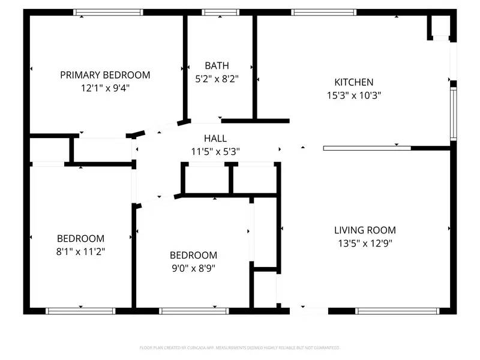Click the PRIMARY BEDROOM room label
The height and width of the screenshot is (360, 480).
[105, 75]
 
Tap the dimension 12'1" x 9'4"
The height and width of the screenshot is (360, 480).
[105, 88]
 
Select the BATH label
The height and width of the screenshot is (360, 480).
[217, 65]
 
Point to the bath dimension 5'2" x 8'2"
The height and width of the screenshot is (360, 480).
[217, 78]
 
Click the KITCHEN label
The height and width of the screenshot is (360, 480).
[354, 82]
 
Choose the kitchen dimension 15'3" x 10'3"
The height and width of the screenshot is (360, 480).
[354, 95]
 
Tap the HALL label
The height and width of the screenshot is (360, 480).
[215, 139]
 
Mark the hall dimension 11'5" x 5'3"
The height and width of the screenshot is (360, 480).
[215, 152]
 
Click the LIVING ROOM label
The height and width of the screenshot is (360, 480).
[365, 230]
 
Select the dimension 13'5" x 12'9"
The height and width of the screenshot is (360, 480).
[365, 243]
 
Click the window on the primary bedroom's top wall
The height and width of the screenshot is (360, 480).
[108, 12]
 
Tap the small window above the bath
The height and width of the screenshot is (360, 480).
[220, 12]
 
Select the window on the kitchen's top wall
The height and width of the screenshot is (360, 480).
[324, 12]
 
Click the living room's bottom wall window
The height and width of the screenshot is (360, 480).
[397, 311]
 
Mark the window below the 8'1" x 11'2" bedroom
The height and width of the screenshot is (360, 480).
[80, 311]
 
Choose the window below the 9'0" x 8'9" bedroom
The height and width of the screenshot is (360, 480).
[194, 311]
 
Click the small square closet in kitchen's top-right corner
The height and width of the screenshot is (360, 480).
[440, 26]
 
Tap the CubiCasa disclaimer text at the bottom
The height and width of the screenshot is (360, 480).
[240, 347]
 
